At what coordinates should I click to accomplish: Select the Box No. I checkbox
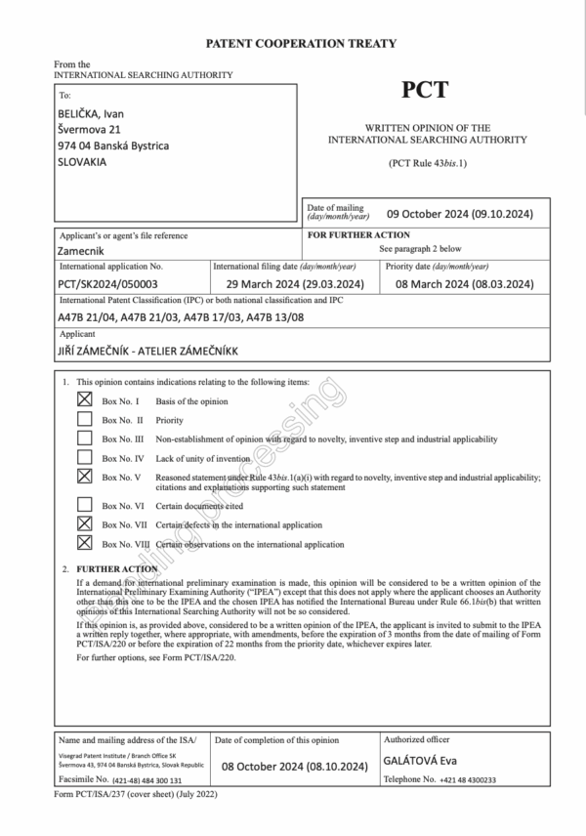pyautogui.click(x=85, y=399)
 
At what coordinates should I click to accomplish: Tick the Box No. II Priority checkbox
pyautogui.click(x=85, y=419)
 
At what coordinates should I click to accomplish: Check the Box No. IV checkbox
pyautogui.click(x=85, y=457)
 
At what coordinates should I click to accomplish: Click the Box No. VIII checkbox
pyautogui.click(x=85, y=543)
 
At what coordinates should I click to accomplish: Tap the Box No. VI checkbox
pyautogui.click(x=85, y=505)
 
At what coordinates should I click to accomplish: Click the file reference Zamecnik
pyautogui.click(x=85, y=250)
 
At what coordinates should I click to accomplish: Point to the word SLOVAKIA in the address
pyautogui.click(x=83, y=162)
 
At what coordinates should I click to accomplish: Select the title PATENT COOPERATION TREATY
pyautogui.click(x=301, y=43)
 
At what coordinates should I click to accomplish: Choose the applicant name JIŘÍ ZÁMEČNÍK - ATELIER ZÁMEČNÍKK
pyautogui.click(x=154, y=349)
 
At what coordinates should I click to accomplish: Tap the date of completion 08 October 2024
pyautogui.click(x=294, y=767)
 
